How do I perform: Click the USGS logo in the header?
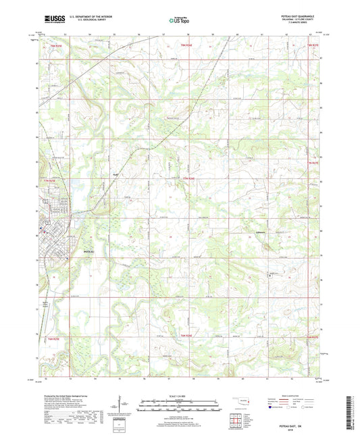[x=55, y=20]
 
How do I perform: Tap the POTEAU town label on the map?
[x=89, y=251]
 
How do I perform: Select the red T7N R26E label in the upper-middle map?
[x=190, y=178]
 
